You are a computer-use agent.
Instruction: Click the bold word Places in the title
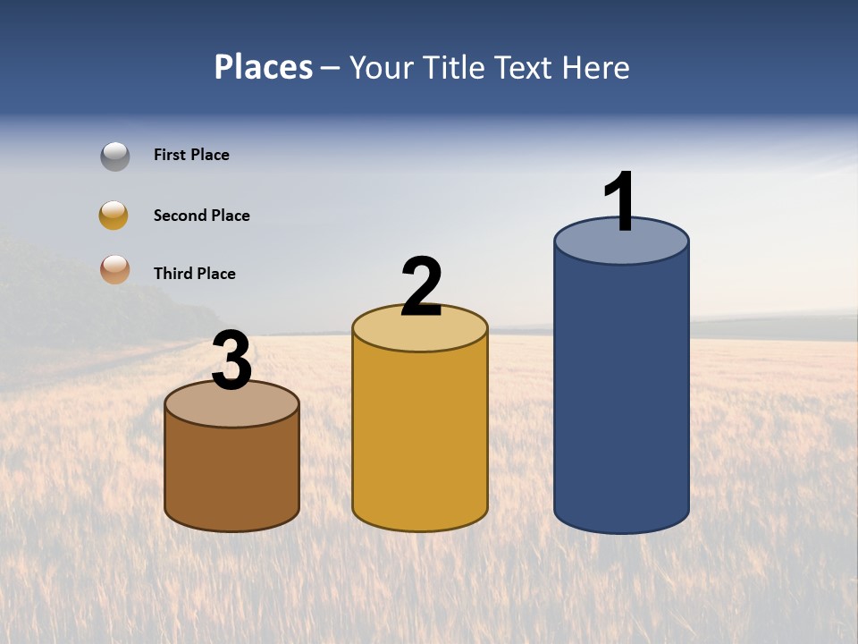coord(264,67)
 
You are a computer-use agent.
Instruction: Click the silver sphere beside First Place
coord(115,156)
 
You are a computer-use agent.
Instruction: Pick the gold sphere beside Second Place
coord(114,216)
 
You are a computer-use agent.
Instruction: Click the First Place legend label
coord(191,155)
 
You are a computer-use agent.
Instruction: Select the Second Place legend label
coord(201,216)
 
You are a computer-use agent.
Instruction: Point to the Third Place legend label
coord(194,274)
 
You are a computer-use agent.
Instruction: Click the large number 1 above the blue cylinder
coord(619,202)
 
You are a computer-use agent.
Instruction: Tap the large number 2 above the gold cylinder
coord(421,287)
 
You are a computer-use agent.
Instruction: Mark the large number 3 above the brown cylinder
coord(231,361)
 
